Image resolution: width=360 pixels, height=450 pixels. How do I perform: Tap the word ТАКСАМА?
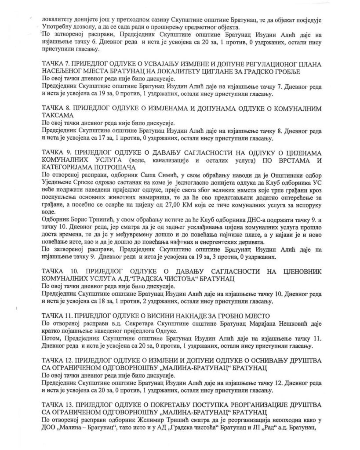[58, 115]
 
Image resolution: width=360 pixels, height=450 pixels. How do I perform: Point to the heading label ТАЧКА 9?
[56, 151]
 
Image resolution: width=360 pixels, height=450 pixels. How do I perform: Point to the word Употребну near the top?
[58, 26]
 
